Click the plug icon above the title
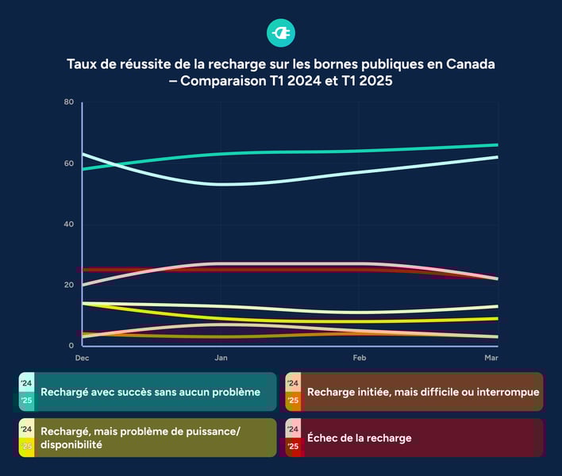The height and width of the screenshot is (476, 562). pyautogui.click(x=281, y=33)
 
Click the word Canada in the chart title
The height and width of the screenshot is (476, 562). pyautogui.click(x=472, y=63)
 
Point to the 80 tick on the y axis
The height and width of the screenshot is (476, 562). pyautogui.click(x=69, y=102)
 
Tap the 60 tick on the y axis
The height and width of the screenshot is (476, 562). pyautogui.click(x=69, y=163)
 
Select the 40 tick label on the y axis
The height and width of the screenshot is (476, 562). pyautogui.click(x=69, y=225)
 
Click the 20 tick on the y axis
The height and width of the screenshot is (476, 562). pyautogui.click(x=69, y=285)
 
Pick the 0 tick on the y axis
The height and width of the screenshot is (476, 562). pyautogui.click(x=71, y=346)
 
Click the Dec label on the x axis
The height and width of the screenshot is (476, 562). pyautogui.click(x=82, y=359)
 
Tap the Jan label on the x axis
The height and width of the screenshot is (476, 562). pyautogui.click(x=221, y=359)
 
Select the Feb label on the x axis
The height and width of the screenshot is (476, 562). pyautogui.click(x=359, y=359)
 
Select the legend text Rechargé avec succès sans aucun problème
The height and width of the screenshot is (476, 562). pyautogui.click(x=150, y=392)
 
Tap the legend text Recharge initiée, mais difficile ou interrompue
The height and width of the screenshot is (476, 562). pyautogui.click(x=423, y=392)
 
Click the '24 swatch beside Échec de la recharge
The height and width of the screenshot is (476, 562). pyautogui.click(x=293, y=429)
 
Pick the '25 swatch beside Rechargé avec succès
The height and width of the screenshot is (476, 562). pyautogui.click(x=26, y=401)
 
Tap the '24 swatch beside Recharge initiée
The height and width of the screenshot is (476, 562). pyautogui.click(x=293, y=382)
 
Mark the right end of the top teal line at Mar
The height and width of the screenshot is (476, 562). pyautogui.click(x=497, y=145)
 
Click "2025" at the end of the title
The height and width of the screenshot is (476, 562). pyautogui.click(x=376, y=81)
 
